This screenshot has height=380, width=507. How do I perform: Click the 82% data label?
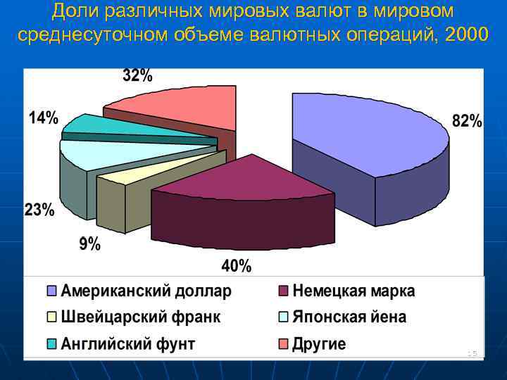point(467,121)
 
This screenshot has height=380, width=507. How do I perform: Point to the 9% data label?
point(89,244)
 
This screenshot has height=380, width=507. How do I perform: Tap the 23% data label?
point(39,210)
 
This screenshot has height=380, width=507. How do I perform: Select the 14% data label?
point(43,118)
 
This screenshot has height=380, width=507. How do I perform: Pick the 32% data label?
point(137,76)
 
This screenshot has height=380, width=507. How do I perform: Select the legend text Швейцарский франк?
point(140,317)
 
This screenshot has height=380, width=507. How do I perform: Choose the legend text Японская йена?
point(349,317)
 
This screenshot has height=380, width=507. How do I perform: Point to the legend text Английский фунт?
point(127,344)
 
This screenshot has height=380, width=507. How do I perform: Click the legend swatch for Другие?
point(284,344)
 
